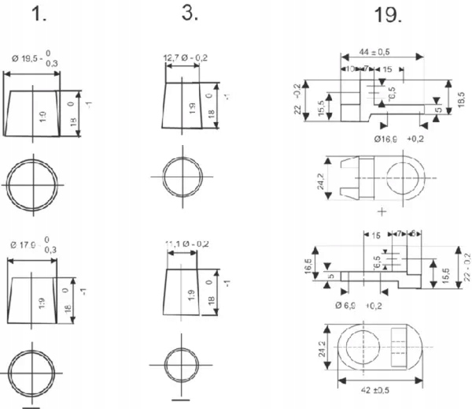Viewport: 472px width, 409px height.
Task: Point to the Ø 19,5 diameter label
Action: [34, 60]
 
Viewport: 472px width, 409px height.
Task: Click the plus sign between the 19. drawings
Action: [382, 211]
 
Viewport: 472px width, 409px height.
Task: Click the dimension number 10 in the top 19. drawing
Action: [350, 69]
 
